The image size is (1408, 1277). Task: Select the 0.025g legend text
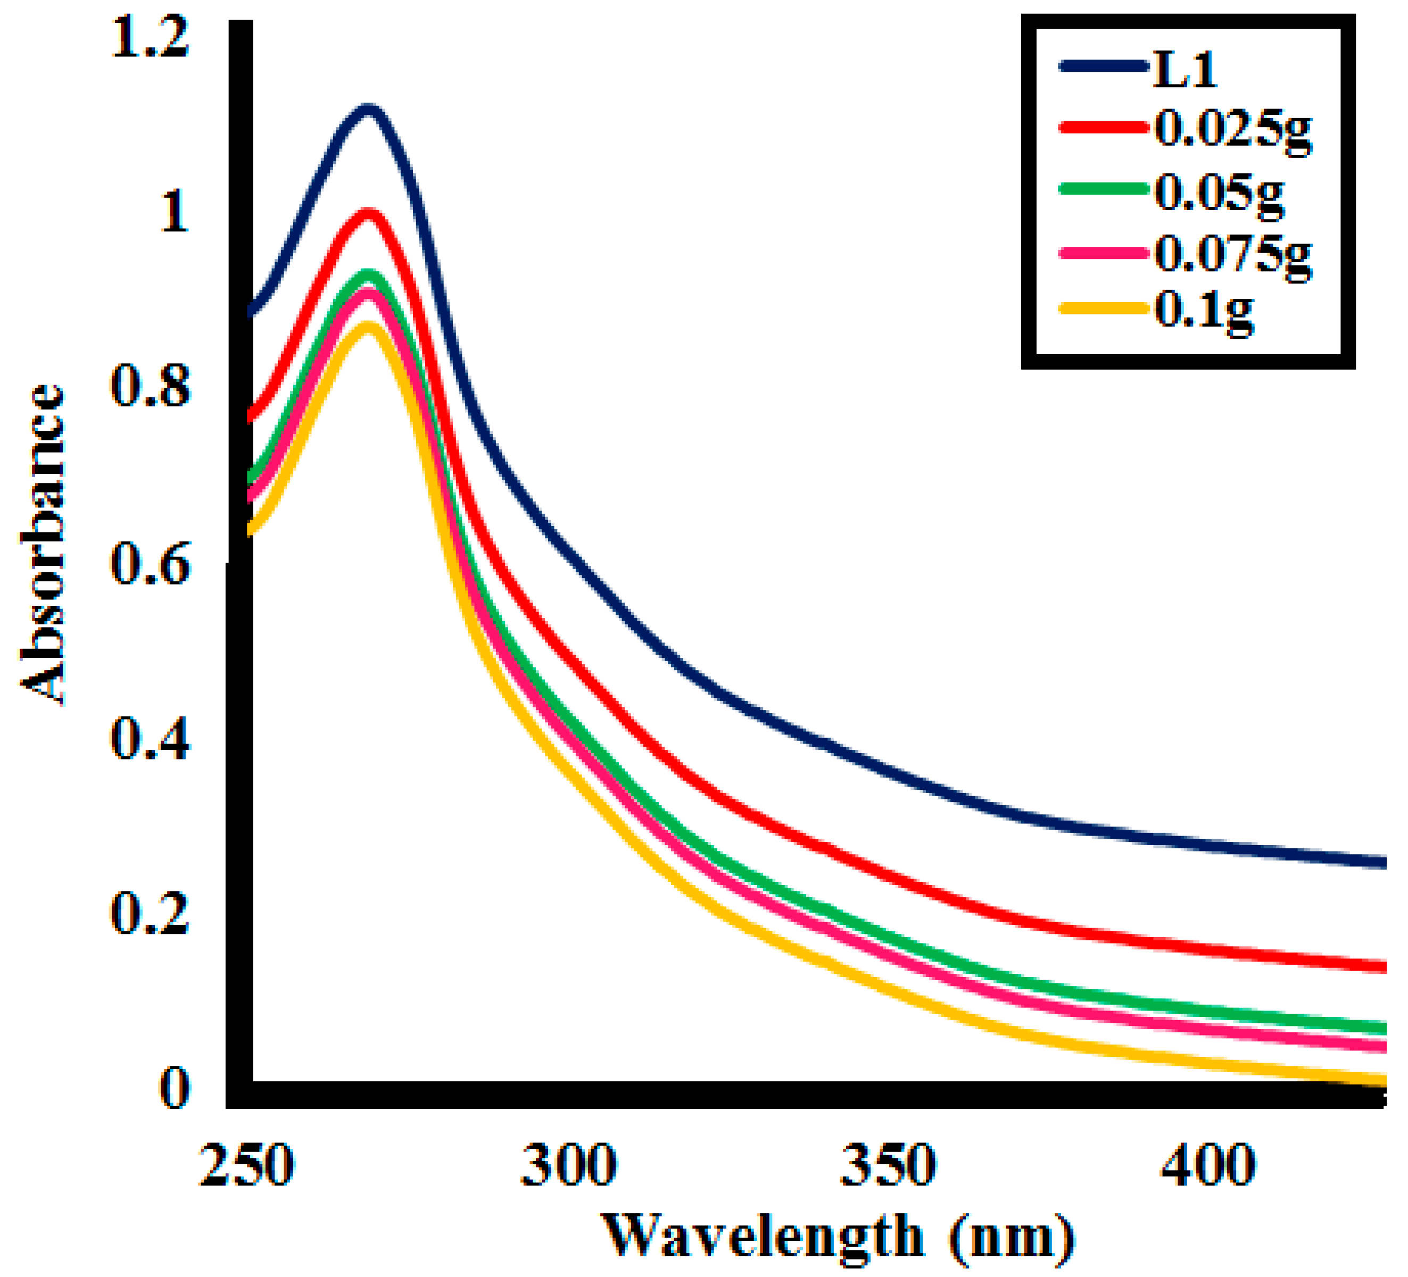pos(1233,130)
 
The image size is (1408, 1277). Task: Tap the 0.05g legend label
pos(1219,192)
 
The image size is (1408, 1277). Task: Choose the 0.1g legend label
pos(1203,311)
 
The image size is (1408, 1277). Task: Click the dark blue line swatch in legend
pos(1104,66)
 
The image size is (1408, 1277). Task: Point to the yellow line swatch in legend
pos(1104,308)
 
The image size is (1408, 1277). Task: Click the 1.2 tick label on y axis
pos(150,38)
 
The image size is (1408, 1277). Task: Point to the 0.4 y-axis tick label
pos(150,739)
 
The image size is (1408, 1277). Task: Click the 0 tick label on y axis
pos(174,1088)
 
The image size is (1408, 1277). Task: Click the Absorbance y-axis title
pos(43,545)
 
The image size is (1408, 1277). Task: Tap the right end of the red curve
pos(1381,967)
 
